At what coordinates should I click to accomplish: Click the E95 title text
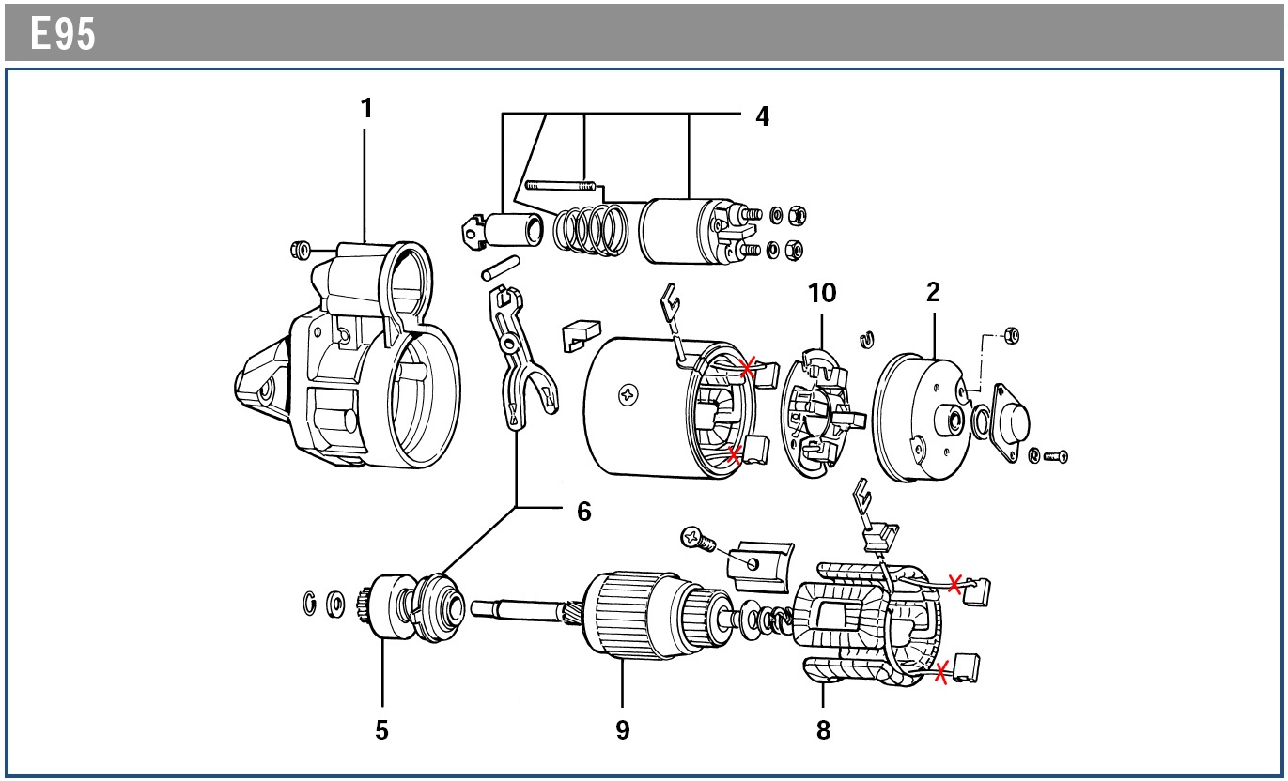click(x=63, y=35)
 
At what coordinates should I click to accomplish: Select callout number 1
click(x=366, y=109)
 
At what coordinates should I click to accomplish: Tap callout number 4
click(x=762, y=116)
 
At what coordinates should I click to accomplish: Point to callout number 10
click(x=822, y=293)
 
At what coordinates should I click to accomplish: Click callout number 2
click(x=933, y=292)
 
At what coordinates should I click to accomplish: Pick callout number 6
click(x=584, y=512)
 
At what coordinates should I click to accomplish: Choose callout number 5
click(x=381, y=729)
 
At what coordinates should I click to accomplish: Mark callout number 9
click(x=623, y=729)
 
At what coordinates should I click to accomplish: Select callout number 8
click(x=823, y=729)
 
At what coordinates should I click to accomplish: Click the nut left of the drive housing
click(x=301, y=250)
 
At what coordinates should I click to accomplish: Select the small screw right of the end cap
click(x=1056, y=456)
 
